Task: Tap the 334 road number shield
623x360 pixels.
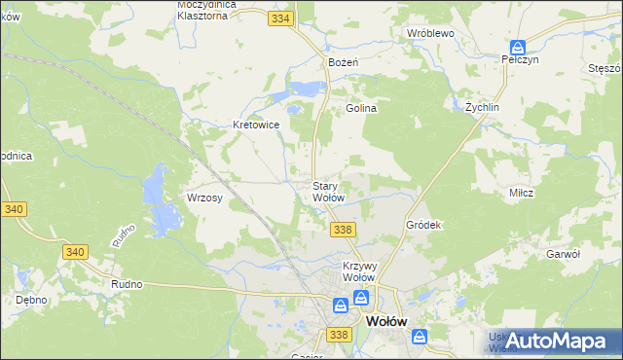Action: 281,18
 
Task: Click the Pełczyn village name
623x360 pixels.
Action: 520,59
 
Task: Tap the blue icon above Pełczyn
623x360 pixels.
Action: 518,45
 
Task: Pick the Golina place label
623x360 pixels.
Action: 361,109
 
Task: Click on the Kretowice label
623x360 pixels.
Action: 257,125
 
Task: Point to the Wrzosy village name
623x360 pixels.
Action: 204,198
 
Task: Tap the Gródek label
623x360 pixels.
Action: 424,225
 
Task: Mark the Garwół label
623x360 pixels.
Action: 564,253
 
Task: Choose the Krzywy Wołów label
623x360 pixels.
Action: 359,270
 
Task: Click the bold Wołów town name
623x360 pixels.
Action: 385,321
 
